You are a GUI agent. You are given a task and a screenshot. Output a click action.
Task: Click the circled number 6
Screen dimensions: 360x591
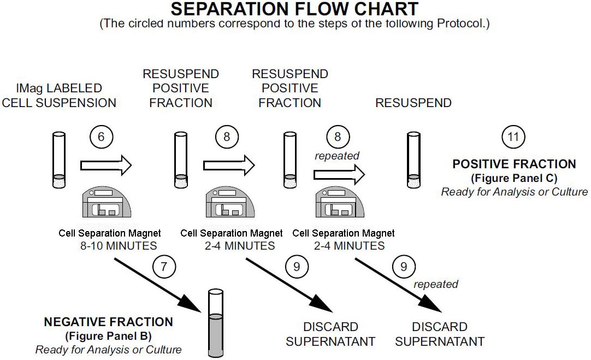pyautogui.click(x=101, y=137)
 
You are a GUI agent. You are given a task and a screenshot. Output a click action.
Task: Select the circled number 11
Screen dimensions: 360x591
pyautogui.click(x=513, y=137)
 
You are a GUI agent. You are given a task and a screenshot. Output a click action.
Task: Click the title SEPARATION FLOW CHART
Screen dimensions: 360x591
pyautogui.click(x=295, y=9)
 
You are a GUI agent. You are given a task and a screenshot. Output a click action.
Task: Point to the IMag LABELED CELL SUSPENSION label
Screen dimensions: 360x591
pyautogui.click(x=59, y=95)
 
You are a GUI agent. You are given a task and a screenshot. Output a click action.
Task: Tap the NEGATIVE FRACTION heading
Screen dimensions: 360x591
pyautogui.click(x=108, y=322)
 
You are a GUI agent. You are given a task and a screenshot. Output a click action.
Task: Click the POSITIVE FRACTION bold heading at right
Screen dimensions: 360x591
pyautogui.click(x=514, y=164)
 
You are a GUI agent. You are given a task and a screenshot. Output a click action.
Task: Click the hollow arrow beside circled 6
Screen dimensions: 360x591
pyautogui.click(x=106, y=163)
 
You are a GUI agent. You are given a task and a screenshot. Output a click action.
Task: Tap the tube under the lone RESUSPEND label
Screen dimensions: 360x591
pyautogui.click(x=414, y=158)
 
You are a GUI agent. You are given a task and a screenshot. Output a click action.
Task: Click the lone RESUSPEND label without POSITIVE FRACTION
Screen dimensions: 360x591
pyautogui.click(x=413, y=103)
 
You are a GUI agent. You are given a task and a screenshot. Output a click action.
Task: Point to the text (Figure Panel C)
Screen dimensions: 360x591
pyautogui.click(x=514, y=178)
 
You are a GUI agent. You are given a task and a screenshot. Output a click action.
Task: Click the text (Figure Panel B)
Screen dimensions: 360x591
pyautogui.click(x=108, y=335)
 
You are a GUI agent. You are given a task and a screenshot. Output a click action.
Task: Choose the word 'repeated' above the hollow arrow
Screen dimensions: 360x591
pyautogui.click(x=336, y=156)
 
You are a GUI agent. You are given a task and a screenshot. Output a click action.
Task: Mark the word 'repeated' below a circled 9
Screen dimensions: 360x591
pyautogui.click(x=435, y=284)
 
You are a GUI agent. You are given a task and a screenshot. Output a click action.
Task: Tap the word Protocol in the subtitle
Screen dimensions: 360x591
pyautogui.click(x=463, y=25)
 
